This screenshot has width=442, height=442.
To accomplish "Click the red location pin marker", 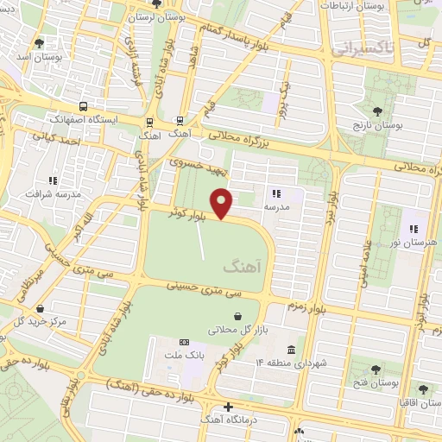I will (x=223, y=204).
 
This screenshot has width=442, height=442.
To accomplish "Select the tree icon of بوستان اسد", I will (x=38, y=41).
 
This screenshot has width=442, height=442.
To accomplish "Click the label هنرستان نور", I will (x=413, y=245).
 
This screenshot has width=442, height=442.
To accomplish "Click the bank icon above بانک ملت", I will (x=182, y=342).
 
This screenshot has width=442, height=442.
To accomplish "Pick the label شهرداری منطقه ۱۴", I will (x=294, y=364).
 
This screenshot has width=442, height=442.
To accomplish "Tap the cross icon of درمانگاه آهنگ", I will (x=227, y=406).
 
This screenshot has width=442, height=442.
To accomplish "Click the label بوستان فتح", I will (x=372, y=381).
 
